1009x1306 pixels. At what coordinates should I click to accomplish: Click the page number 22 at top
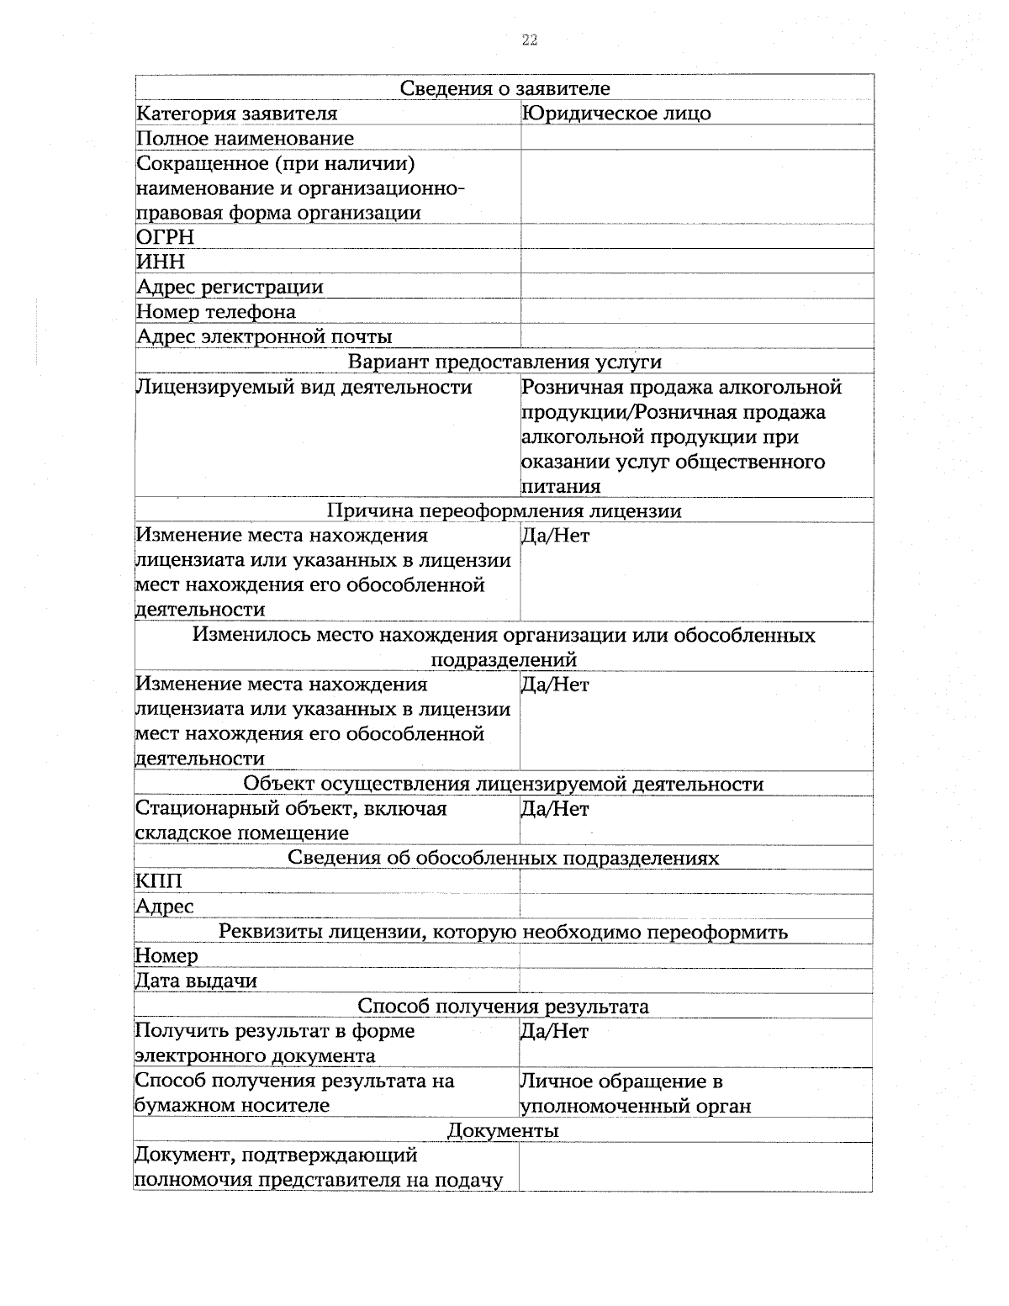point(530,40)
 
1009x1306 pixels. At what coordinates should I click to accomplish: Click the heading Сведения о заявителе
point(504,88)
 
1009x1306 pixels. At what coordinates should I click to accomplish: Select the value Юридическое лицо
point(615,114)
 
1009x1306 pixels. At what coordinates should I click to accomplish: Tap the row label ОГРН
point(166,238)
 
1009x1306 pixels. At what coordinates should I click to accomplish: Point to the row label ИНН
point(161,262)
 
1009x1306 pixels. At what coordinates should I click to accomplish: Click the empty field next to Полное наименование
point(696,138)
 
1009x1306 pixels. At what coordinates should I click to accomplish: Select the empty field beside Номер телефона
point(696,312)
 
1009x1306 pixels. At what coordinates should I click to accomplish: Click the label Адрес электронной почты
point(264,337)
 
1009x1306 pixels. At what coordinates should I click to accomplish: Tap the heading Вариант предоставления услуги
point(504,362)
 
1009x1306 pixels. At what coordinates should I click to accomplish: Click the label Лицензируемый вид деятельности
point(304,388)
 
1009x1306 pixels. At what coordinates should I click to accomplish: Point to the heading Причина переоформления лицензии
point(504,511)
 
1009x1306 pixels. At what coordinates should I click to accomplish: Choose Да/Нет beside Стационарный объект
point(555,809)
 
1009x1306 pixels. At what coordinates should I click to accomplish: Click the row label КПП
point(158,881)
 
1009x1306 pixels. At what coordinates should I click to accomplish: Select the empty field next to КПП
point(696,881)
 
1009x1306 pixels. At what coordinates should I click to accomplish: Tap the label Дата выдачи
point(196,981)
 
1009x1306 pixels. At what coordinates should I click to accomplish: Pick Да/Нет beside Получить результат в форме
point(555,1032)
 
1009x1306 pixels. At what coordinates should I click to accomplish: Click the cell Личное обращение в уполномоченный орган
point(636,1093)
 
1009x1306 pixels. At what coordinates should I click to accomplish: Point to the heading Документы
point(503,1130)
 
